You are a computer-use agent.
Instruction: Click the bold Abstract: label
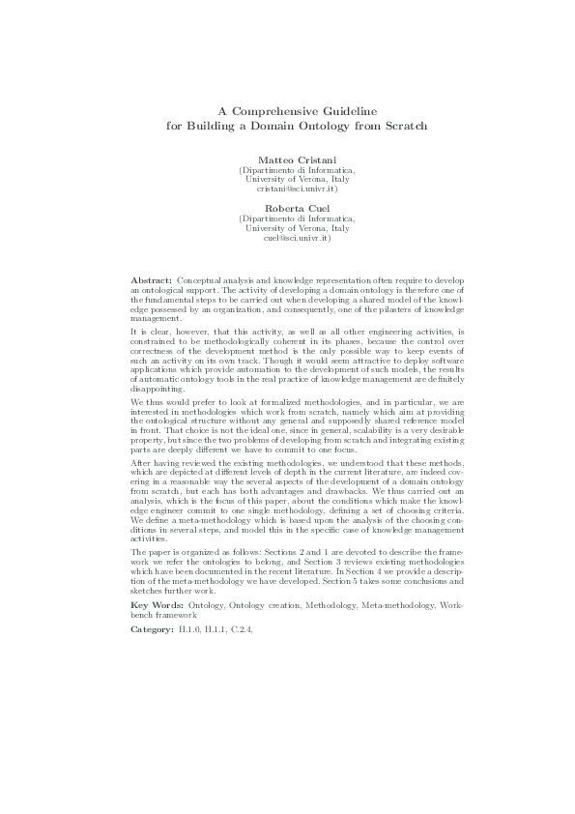(152, 279)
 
